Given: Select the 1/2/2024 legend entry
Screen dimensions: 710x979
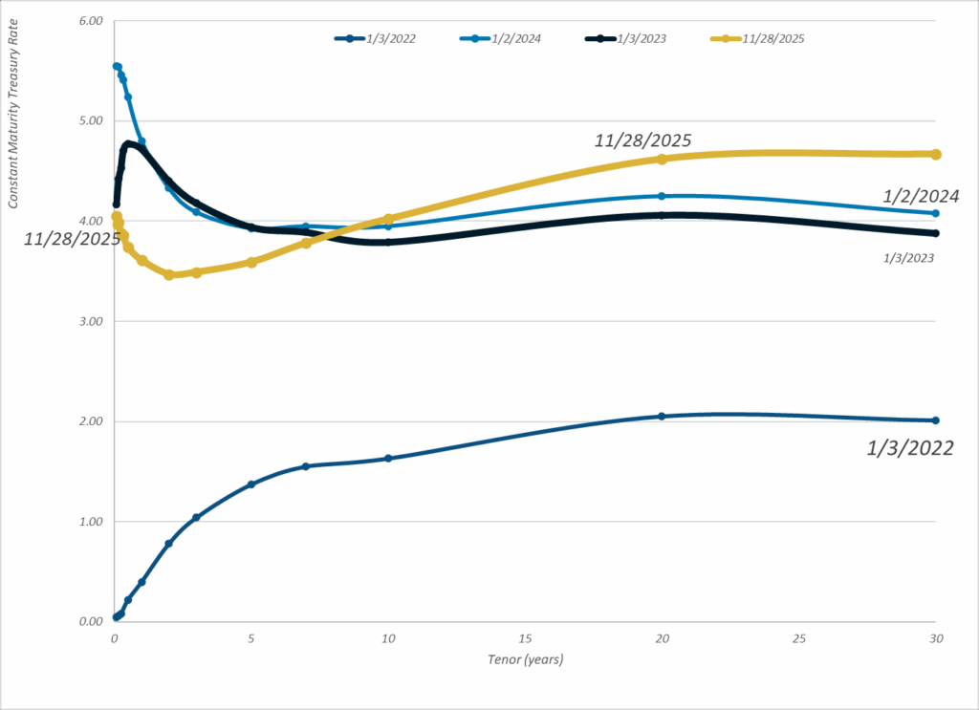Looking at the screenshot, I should pyautogui.click(x=508, y=39).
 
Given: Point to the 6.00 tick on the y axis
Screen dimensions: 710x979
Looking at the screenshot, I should pyautogui.click(x=90, y=20).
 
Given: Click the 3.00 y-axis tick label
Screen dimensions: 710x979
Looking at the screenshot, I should pyautogui.click(x=90, y=321).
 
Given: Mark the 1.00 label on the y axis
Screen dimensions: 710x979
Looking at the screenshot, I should pyautogui.click(x=90, y=522).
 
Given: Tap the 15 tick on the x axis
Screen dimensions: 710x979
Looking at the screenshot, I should pyautogui.click(x=525, y=637).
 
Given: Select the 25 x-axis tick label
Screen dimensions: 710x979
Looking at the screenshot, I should pyautogui.click(x=799, y=637).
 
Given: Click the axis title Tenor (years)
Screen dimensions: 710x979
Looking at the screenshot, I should pyautogui.click(x=526, y=659).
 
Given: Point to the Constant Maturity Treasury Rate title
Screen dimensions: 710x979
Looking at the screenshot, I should pyautogui.click(x=14, y=123).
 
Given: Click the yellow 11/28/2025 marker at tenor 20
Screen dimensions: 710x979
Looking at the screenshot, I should pyautogui.click(x=662, y=159).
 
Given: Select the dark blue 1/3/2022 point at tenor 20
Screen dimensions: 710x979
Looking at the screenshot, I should pyautogui.click(x=662, y=417).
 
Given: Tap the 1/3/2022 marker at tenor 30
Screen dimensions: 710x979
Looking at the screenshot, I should pyautogui.click(x=936, y=420).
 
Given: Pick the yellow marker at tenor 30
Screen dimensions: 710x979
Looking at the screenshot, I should pyautogui.click(x=936, y=155).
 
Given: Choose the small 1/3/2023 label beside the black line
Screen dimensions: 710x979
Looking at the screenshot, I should pyautogui.click(x=909, y=258).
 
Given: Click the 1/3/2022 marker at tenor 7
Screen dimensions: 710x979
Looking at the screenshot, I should pyautogui.click(x=306, y=466).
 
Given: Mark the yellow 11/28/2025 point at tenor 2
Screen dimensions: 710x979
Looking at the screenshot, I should pyautogui.click(x=169, y=275).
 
